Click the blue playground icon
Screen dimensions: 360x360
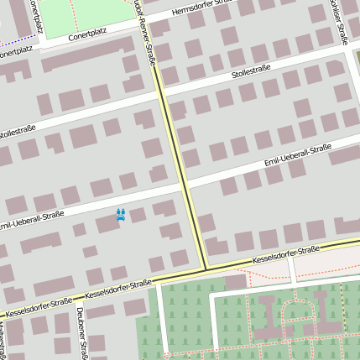121,215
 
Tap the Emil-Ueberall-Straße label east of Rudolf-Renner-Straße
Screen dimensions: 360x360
297,154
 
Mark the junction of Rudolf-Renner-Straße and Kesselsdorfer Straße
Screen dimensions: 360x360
205,269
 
